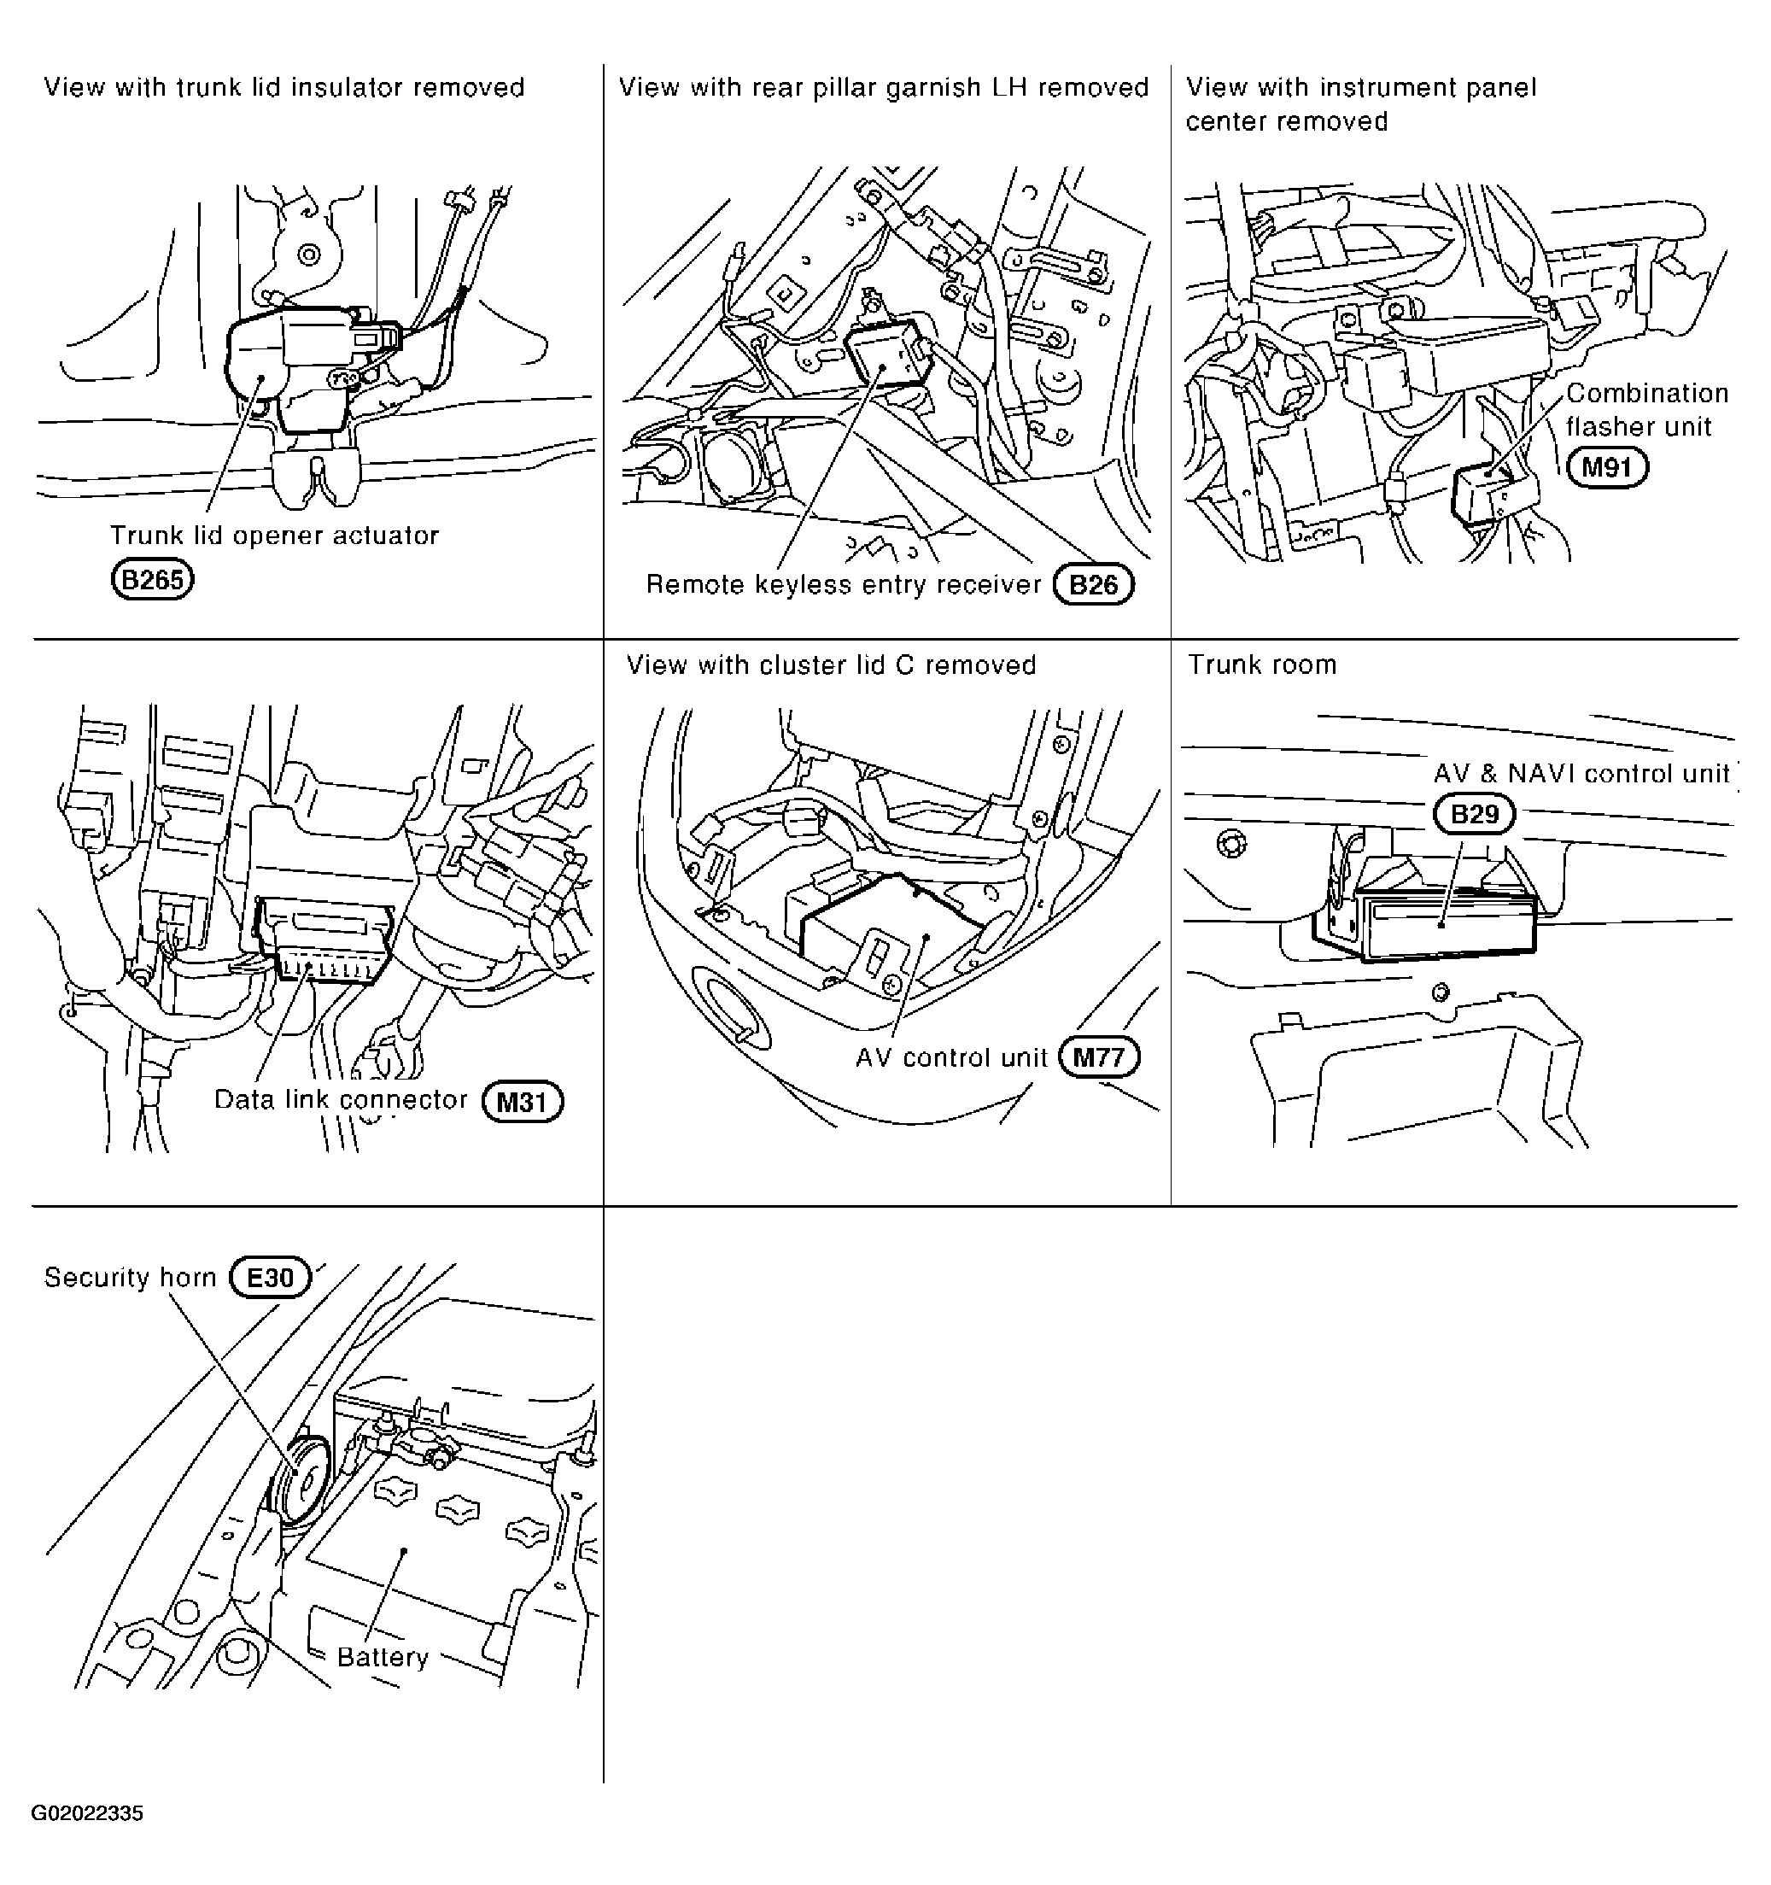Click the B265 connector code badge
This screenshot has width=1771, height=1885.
click(153, 578)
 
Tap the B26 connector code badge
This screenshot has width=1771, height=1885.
click(1093, 585)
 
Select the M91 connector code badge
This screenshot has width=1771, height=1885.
click(1607, 467)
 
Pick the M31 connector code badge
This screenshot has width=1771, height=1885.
click(523, 1102)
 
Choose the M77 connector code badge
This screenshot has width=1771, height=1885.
click(1099, 1057)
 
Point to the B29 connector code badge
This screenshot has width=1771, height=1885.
click(1474, 815)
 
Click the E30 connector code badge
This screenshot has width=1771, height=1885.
click(270, 1277)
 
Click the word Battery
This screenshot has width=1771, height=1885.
click(383, 1658)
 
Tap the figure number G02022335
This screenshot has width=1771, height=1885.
click(87, 1813)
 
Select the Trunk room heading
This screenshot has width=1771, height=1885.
click(1262, 664)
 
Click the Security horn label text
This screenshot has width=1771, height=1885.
click(131, 1277)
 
